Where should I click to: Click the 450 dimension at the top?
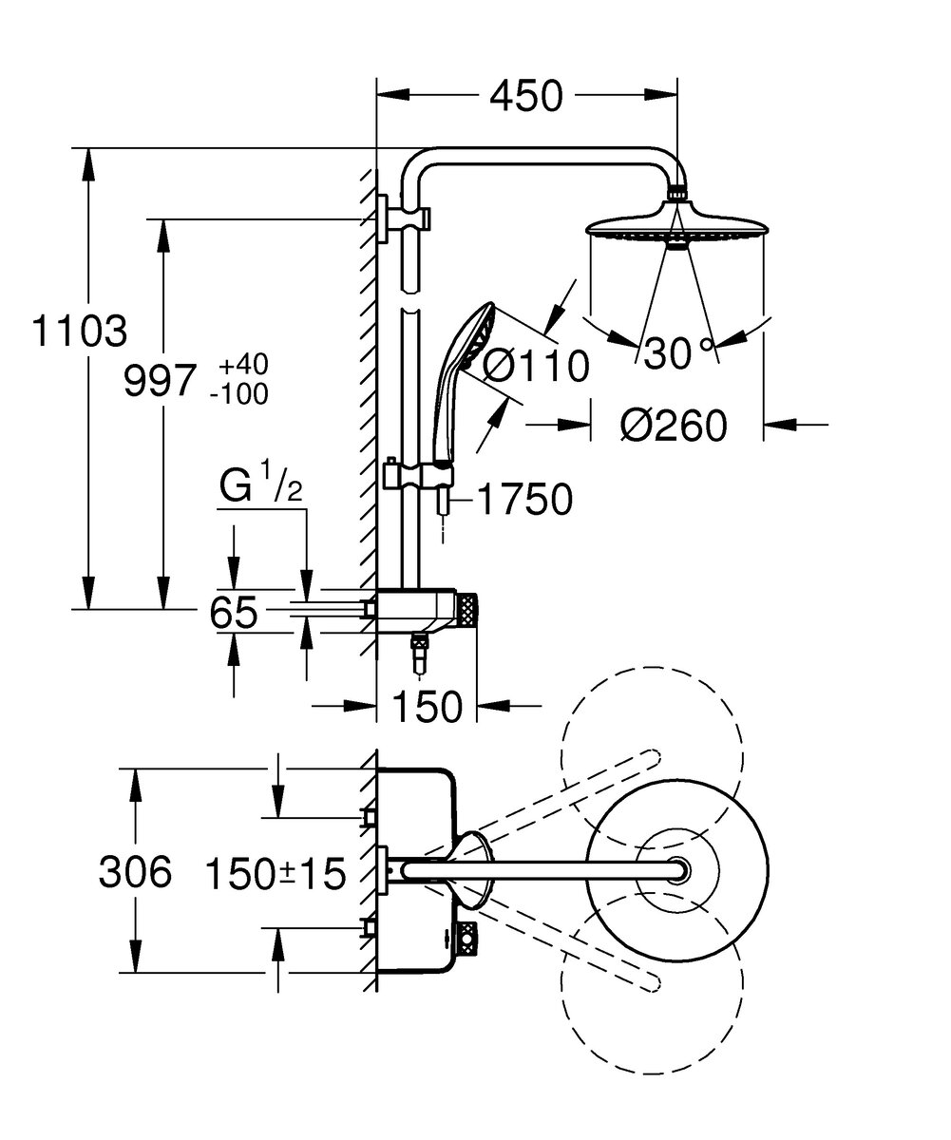pyautogui.click(x=525, y=96)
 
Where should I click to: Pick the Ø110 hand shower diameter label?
pyautogui.click(x=535, y=365)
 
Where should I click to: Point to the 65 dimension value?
pyautogui.click(x=233, y=613)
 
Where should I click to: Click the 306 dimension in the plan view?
pyautogui.click(x=135, y=872)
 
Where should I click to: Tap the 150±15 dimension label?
pyautogui.click(x=276, y=874)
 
